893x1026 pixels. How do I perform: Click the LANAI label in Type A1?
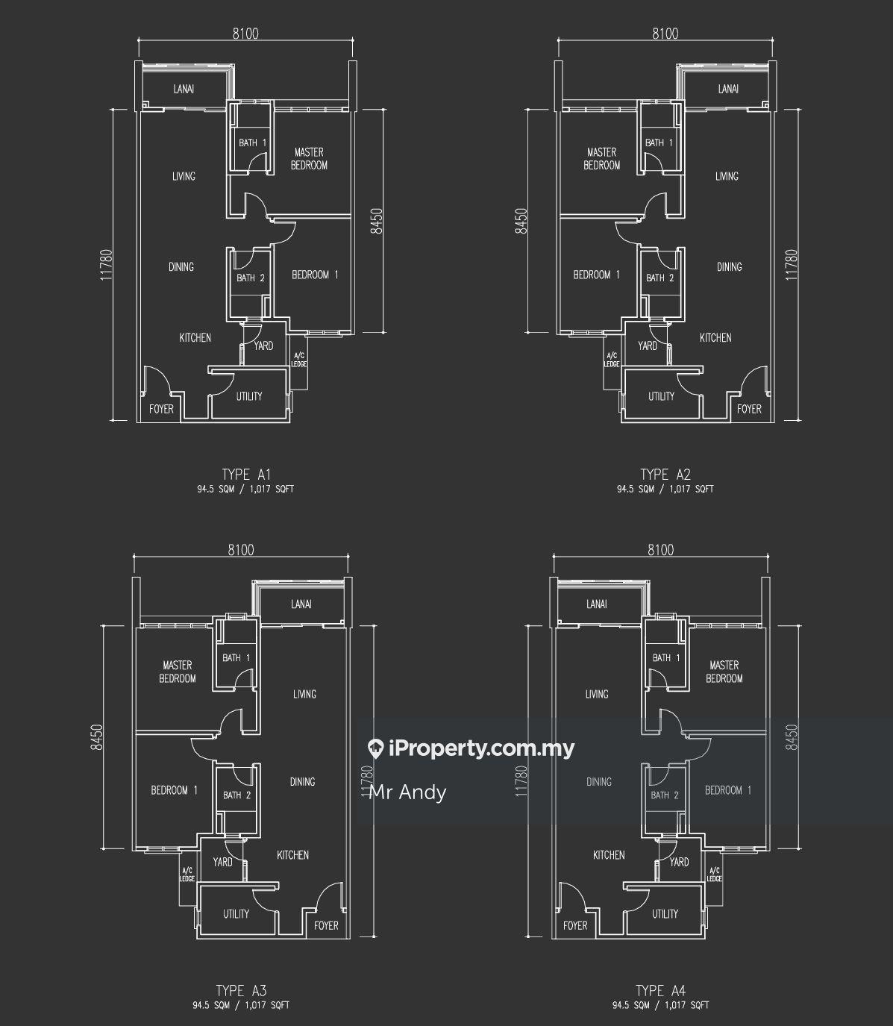pyautogui.click(x=184, y=90)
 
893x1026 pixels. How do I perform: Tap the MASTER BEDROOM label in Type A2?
pyautogui.click(x=601, y=158)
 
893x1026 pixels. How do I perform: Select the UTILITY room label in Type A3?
pyautogui.click(x=236, y=913)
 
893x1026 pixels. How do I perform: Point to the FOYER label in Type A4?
pyautogui.click(x=575, y=925)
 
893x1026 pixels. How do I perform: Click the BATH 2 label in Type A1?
pyautogui.click(x=251, y=278)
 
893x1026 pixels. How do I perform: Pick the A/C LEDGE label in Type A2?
pyautogui.click(x=612, y=360)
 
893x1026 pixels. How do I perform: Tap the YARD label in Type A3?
pyautogui.click(x=222, y=862)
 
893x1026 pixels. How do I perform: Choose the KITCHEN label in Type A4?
pyautogui.click(x=609, y=855)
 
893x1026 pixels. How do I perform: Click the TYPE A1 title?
pyautogui.click(x=245, y=474)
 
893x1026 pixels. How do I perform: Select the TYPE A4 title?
pyautogui.click(x=660, y=991)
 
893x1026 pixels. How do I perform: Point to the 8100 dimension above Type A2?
pyautogui.click(x=665, y=34)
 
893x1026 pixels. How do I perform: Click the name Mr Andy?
pyautogui.click(x=408, y=792)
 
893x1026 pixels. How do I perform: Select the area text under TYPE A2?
pyautogui.click(x=665, y=489)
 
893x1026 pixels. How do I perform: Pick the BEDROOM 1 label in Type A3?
pyautogui.click(x=174, y=790)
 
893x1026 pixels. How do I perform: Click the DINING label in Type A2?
pyautogui.click(x=730, y=266)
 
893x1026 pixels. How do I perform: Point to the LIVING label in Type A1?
pyautogui.click(x=184, y=176)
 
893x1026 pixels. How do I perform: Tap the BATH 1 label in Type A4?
pyautogui.click(x=666, y=658)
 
